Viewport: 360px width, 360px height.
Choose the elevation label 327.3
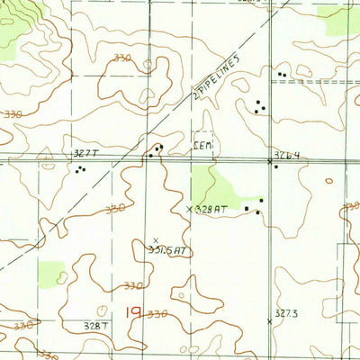tap(285, 312)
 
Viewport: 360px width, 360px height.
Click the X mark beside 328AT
tap(189, 209)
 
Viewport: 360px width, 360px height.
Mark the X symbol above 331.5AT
tap(155, 240)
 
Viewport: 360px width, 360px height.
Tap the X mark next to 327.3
tap(270, 320)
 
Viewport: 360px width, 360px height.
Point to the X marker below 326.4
tap(272, 163)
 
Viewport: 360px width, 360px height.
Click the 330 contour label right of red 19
tap(157, 314)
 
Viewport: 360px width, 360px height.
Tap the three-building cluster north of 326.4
tap(260, 106)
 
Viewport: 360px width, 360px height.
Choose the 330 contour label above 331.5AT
tap(115, 208)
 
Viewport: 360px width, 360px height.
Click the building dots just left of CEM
tap(157, 149)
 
